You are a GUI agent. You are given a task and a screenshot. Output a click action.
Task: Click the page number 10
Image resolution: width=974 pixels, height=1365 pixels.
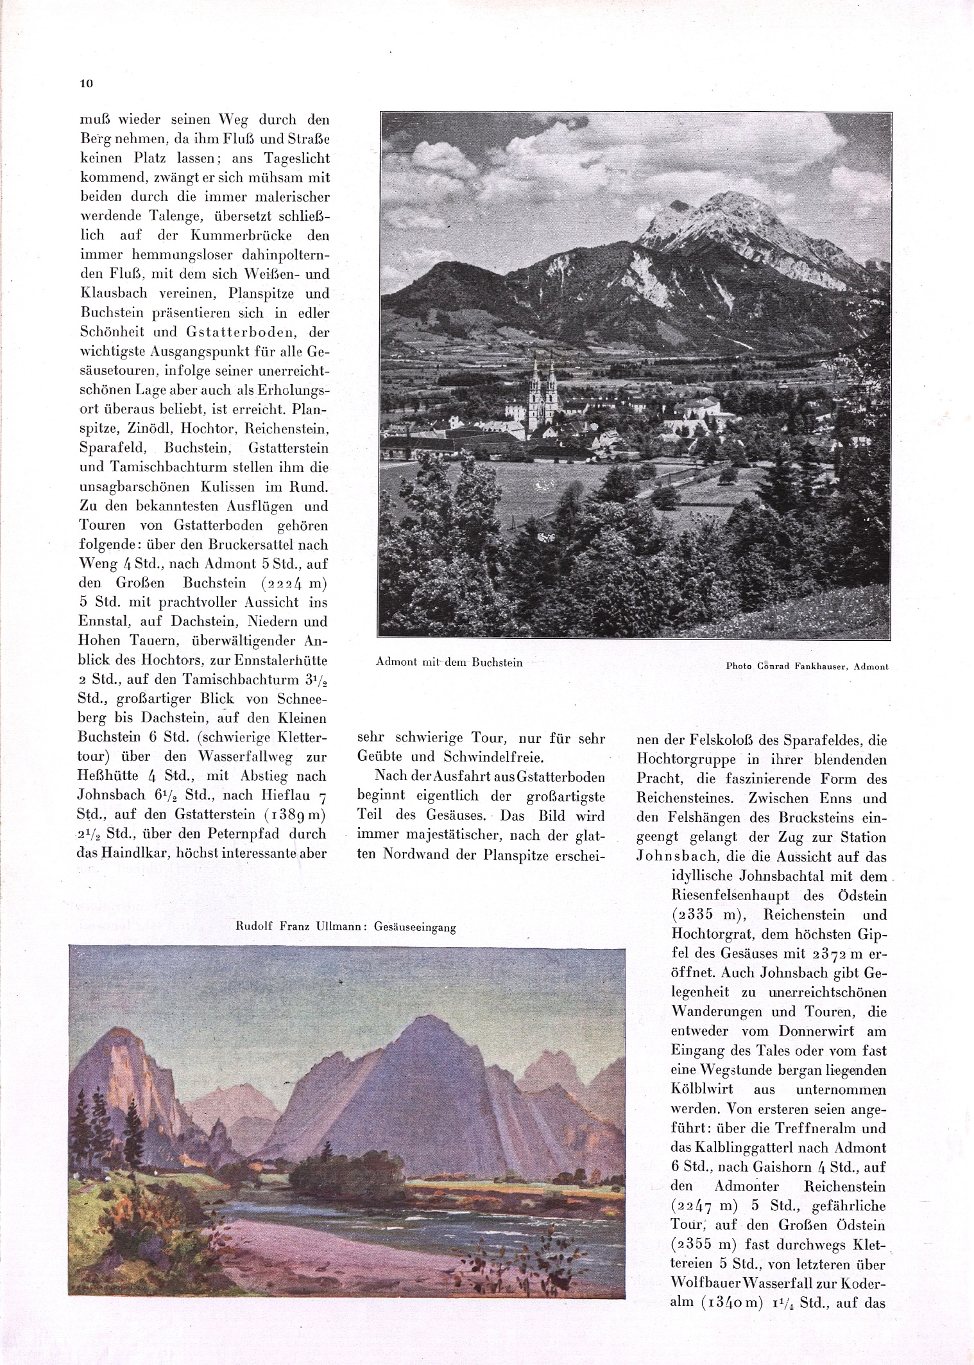(87, 83)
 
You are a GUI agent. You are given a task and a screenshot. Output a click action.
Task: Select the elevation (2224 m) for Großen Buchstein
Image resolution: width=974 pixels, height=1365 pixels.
(285, 583)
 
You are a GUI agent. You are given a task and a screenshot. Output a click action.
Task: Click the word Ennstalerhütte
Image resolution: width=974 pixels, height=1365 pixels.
(280, 660)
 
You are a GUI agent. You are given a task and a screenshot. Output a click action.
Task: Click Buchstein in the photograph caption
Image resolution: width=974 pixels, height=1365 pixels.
(497, 662)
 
